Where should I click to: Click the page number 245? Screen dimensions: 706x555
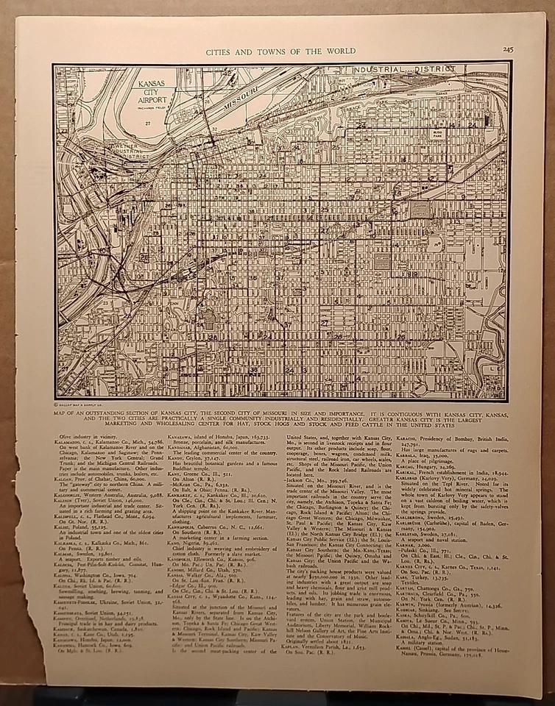[x=509, y=49]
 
